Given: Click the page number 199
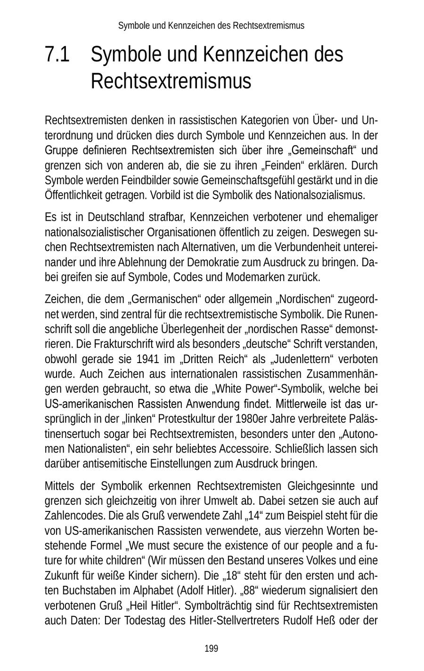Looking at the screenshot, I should pyautogui.click(x=212, y=649).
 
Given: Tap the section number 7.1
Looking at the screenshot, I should pyautogui.click(x=57, y=55).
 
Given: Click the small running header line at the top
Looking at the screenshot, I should pyautogui.click(x=211, y=25).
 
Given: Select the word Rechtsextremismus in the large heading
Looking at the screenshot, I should pyautogui.click(x=171, y=81).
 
